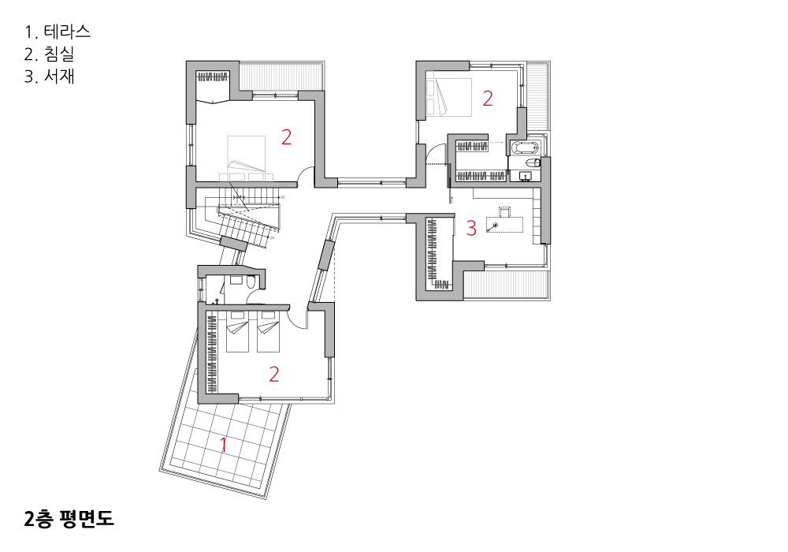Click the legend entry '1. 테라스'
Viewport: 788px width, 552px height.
(58, 32)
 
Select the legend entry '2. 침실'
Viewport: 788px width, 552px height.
(49, 54)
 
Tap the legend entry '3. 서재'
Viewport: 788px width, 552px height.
(49, 76)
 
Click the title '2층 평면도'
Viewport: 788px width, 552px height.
(69, 519)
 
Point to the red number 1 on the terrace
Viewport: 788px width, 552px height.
(224, 445)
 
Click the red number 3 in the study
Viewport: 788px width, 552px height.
(471, 228)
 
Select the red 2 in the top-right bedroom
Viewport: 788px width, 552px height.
(488, 99)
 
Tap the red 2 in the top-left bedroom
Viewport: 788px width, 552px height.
(287, 136)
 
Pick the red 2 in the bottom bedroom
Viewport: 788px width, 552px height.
(274, 375)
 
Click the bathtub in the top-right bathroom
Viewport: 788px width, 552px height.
(524, 147)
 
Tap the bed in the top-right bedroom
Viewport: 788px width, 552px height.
(449, 98)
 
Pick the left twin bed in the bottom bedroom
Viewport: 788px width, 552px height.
(238, 332)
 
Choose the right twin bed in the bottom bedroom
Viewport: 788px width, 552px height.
(269, 332)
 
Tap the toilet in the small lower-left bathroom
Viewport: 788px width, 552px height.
(251, 282)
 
